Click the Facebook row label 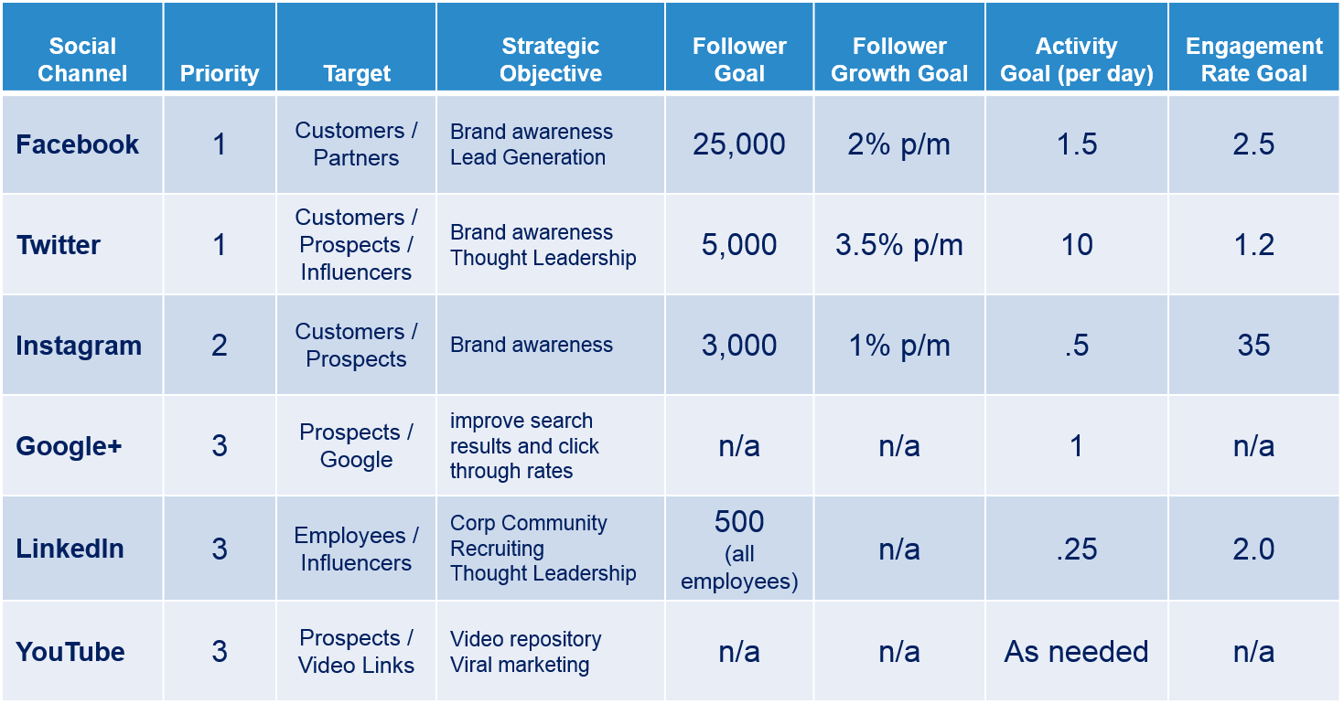click(x=77, y=144)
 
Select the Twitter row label click(x=59, y=245)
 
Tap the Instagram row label click(x=79, y=346)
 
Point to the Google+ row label click(x=69, y=446)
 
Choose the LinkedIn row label click(x=70, y=549)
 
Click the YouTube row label click(x=70, y=652)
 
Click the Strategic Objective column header click(x=550, y=59)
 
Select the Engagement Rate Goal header click(x=1254, y=59)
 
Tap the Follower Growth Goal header click(x=899, y=59)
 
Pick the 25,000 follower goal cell click(x=739, y=144)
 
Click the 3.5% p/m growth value click(x=899, y=245)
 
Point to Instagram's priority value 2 click(x=220, y=346)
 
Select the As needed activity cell click(x=1077, y=652)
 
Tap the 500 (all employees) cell click(x=739, y=549)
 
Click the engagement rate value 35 click(x=1254, y=346)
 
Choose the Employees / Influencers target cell click(x=356, y=549)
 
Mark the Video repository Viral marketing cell click(x=525, y=652)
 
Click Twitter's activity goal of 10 click(x=1077, y=245)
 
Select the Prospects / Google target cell click(x=356, y=445)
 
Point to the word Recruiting click(x=497, y=548)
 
